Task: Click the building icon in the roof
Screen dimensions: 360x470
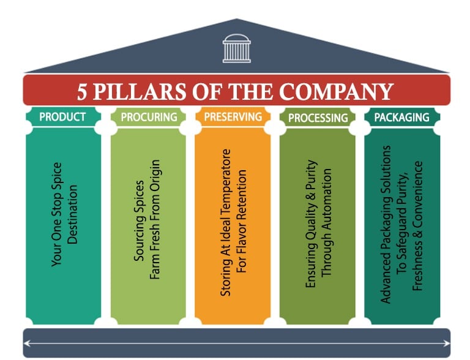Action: coord(237,48)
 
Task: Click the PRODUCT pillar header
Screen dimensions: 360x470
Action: coord(62,116)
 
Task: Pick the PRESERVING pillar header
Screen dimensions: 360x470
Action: coord(233,116)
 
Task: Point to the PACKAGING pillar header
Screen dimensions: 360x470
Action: coord(401,116)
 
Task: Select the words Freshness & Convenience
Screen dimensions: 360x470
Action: coord(419,225)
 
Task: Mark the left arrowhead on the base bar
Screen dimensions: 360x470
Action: coord(27,344)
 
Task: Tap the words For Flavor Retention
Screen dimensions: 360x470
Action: coord(241,222)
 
